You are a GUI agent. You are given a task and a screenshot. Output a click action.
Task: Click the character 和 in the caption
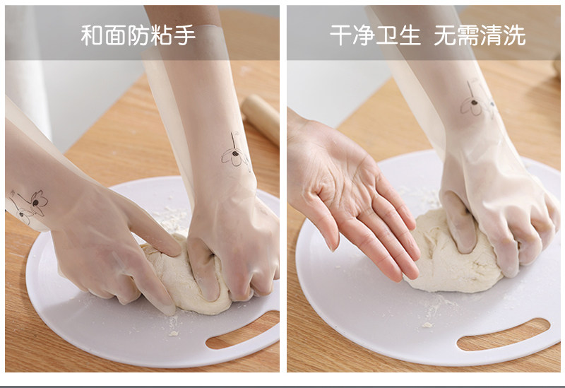pos(92,35)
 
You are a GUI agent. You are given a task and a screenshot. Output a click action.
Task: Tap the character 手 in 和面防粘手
pos(184,35)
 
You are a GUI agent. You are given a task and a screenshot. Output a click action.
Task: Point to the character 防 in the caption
pos(138,35)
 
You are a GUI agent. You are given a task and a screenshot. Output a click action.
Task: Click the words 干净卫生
pos(375,35)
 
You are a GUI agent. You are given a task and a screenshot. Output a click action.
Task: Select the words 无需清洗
pos(480,35)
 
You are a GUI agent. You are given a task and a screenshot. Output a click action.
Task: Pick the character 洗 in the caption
pos(514,35)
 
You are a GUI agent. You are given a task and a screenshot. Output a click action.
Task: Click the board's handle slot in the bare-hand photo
pos(504,334)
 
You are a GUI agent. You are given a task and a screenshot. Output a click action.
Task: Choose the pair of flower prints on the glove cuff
pos(28,206)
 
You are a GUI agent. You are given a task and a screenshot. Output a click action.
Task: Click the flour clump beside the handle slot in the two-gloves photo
pos(174,333)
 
